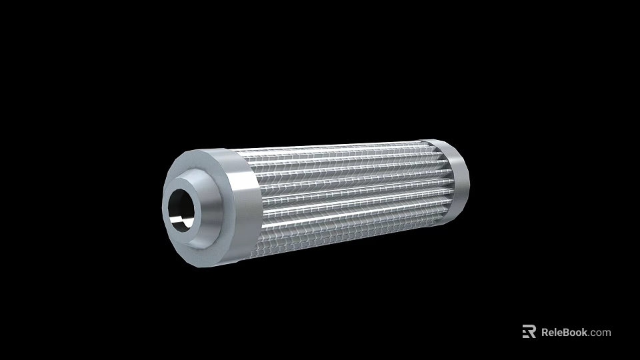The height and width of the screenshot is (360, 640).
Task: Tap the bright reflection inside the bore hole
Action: click(x=175, y=218)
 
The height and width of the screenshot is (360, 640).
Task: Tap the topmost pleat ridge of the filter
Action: click(x=333, y=148)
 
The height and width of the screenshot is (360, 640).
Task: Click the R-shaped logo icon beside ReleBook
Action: click(x=529, y=332)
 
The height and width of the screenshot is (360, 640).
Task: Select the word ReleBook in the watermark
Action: click(x=564, y=332)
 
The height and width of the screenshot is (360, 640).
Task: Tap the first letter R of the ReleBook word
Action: click(x=545, y=332)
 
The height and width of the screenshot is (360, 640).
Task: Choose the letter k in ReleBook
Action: click(x=585, y=332)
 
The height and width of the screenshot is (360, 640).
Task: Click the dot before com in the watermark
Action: click(x=590, y=335)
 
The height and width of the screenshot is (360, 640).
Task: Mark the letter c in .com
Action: click(x=594, y=333)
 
